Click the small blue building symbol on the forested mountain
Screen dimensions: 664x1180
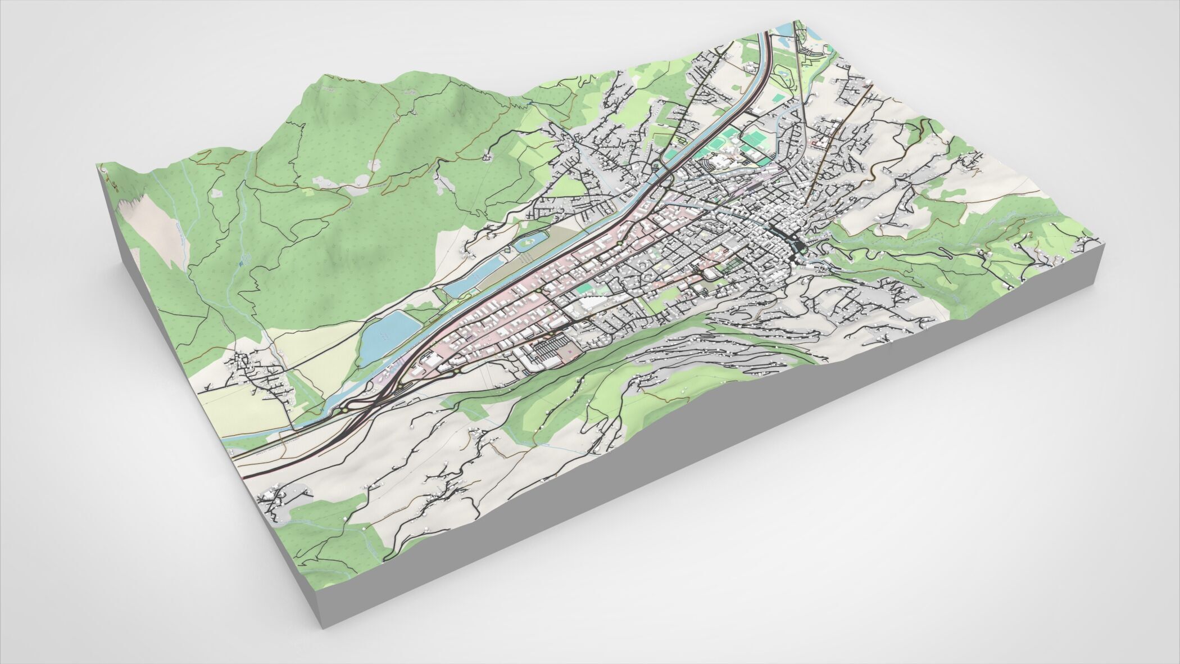243,260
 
